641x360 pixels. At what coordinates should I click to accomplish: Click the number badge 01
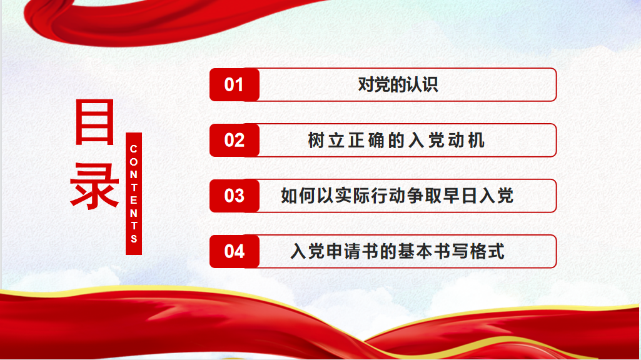point(235,84)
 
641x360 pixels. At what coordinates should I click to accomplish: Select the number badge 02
point(235,140)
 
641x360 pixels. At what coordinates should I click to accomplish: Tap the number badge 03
point(235,196)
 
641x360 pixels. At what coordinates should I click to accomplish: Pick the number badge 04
point(235,251)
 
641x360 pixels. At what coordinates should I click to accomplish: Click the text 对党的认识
point(398,84)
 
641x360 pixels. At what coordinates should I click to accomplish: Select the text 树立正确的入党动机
point(396,140)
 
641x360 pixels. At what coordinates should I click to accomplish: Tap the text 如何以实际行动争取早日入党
point(397,196)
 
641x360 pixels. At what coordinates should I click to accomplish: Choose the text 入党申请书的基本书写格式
point(397,251)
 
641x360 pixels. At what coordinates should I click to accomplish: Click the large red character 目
point(94,122)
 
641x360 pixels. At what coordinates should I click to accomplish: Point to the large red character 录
point(94,186)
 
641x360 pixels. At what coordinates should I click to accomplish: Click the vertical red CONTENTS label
point(134,194)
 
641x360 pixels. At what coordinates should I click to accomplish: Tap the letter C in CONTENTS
point(134,149)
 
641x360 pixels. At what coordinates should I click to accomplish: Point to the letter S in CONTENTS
point(134,239)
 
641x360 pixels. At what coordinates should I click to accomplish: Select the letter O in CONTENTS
point(134,162)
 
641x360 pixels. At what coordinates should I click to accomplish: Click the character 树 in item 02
point(316,140)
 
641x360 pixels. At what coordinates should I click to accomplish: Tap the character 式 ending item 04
point(497,251)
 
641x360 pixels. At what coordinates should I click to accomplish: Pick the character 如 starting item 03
point(289,196)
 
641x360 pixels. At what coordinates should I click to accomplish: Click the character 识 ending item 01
point(430,84)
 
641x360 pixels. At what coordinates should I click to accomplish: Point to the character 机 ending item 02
point(477,140)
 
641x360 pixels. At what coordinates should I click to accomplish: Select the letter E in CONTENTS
point(134,200)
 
